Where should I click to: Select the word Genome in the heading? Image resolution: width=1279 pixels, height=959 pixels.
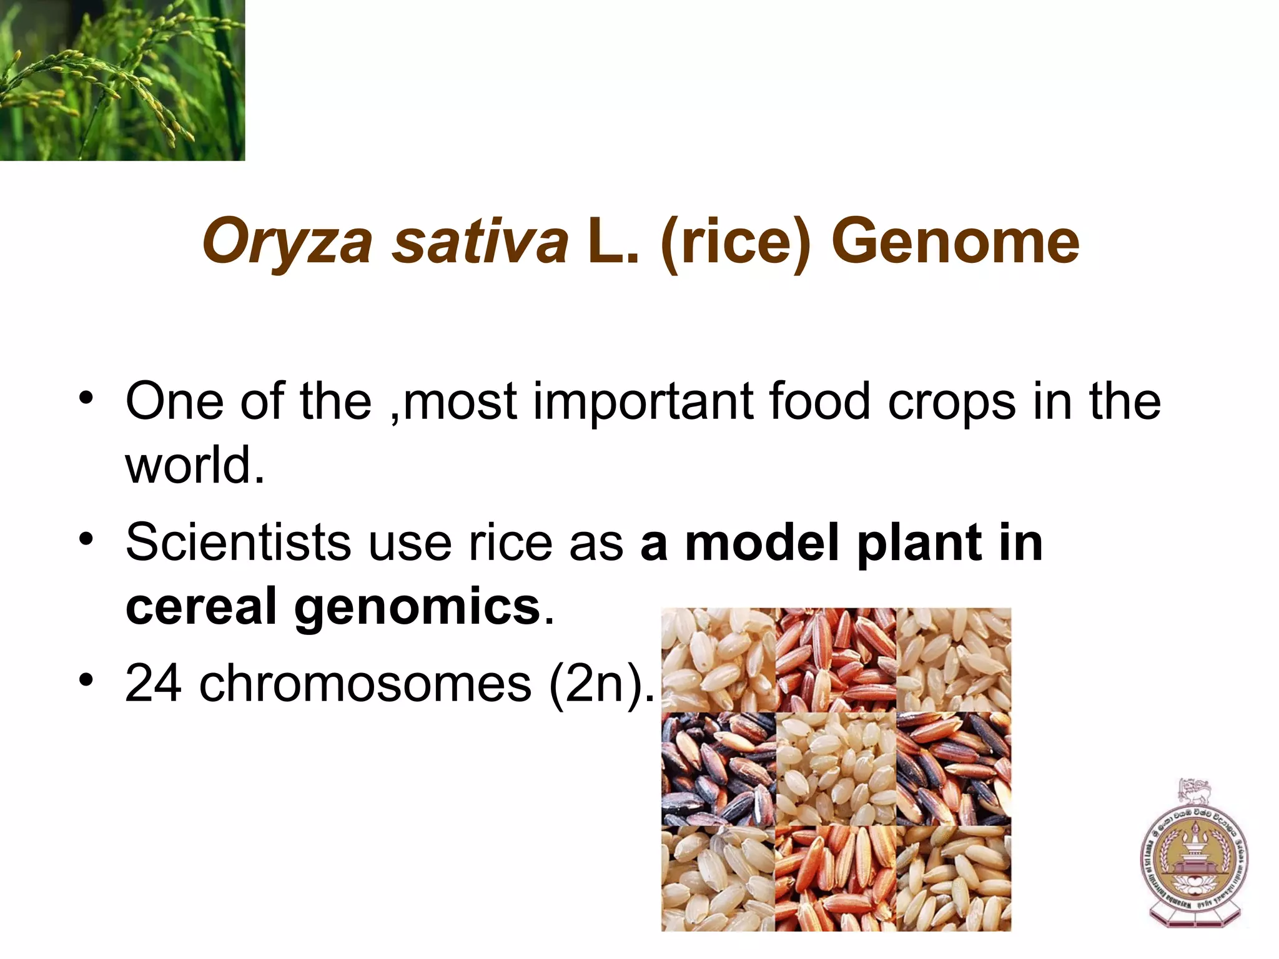click(955, 241)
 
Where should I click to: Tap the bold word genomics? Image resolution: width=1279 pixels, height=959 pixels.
click(417, 607)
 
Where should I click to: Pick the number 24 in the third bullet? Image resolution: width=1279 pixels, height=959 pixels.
click(154, 684)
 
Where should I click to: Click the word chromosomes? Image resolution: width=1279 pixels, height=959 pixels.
click(365, 684)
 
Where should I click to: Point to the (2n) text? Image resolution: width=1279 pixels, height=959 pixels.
click(596, 685)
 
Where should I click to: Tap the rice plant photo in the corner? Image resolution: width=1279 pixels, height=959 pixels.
click(122, 80)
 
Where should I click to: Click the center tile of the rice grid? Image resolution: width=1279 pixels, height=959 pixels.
click(836, 769)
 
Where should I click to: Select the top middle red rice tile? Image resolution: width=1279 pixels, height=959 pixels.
click(836, 659)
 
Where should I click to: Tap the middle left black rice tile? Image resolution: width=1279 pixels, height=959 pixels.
click(718, 769)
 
